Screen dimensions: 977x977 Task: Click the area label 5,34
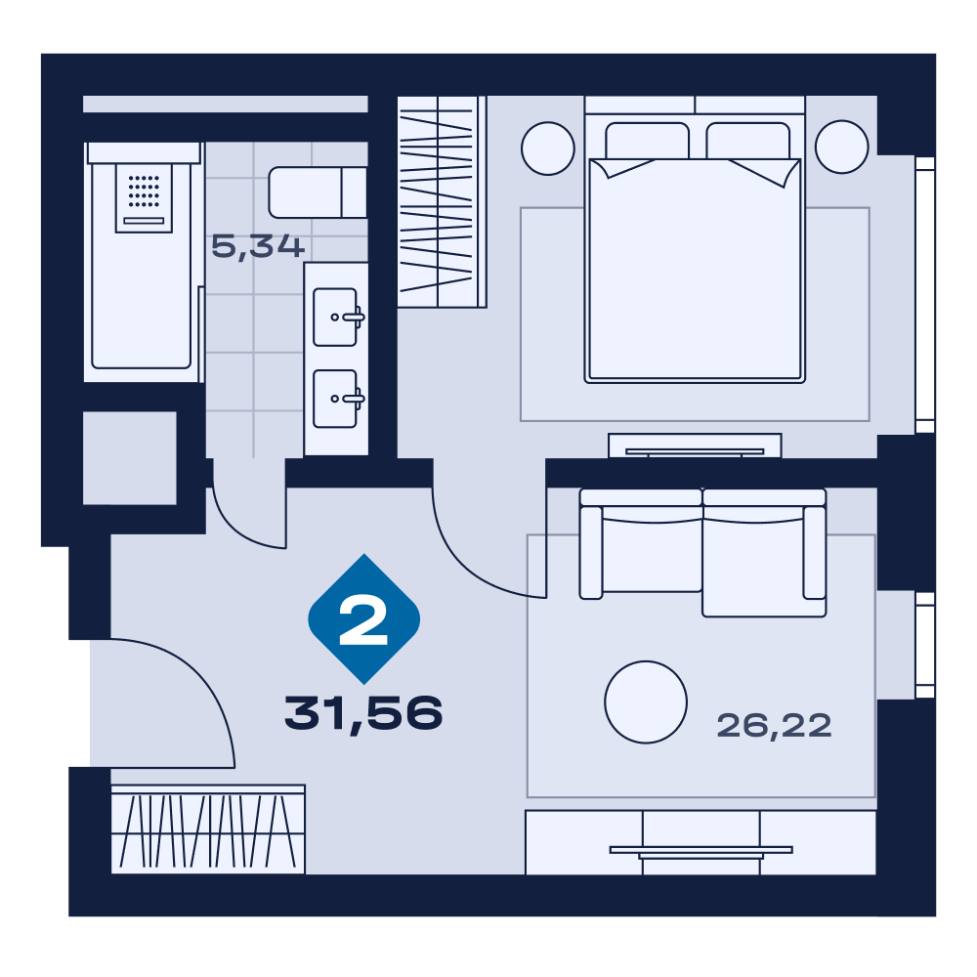[x=257, y=247]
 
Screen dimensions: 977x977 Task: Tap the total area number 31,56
[x=363, y=714]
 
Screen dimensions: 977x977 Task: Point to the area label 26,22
[x=774, y=726]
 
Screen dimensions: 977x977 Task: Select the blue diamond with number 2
[x=363, y=618]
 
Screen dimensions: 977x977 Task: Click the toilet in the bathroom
[x=318, y=191]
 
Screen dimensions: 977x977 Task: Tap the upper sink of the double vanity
[x=335, y=318]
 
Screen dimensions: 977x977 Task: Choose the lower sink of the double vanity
[x=335, y=399]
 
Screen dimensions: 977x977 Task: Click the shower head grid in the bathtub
[x=144, y=191]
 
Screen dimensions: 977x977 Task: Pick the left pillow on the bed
[x=647, y=142]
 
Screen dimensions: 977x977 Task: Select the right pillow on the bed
[x=747, y=142]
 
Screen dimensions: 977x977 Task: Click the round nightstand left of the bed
[x=548, y=149]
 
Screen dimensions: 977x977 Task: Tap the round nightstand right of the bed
[x=842, y=147]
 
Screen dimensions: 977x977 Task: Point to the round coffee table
[x=646, y=701]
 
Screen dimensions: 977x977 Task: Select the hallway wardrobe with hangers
[x=208, y=829]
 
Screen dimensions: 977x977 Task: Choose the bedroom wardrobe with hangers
[x=442, y=201]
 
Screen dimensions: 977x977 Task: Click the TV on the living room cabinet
[x=701, y=851]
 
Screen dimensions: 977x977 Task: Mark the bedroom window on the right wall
[x=925, y=295]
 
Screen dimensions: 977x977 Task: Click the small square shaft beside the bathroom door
[x=130, y=458]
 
